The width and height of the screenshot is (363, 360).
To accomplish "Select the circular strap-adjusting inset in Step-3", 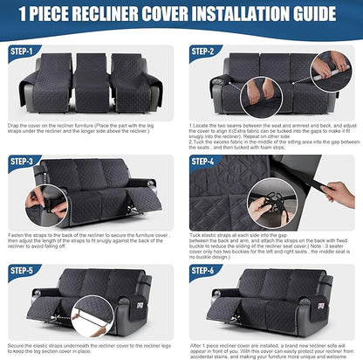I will [x=35, y=200].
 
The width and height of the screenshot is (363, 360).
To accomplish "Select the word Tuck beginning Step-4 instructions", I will [x=198, y=235].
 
